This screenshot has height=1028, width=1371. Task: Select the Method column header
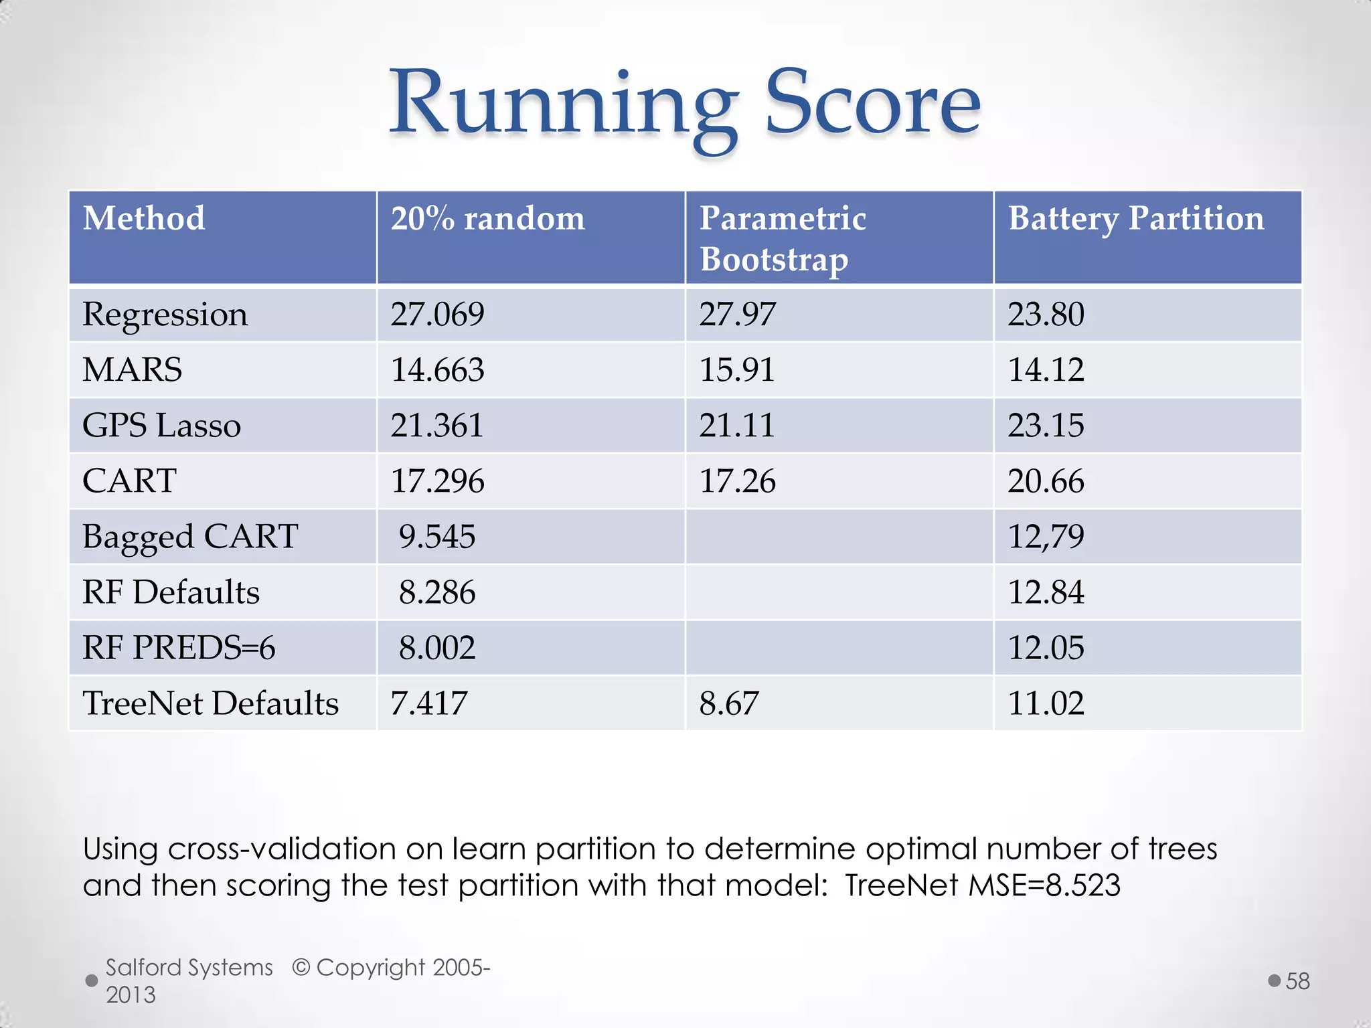(x=144, y=219)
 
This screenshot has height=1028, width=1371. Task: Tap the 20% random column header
(x=487, y=219)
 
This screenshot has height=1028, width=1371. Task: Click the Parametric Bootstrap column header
(x=783, y=238)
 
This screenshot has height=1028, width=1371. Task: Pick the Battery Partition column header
(x=1136, y=219)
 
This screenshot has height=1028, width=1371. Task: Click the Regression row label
(x=165, y=315)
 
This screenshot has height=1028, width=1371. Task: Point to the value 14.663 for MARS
(x=437, y=370)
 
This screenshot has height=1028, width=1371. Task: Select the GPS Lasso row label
(x=161, y=426)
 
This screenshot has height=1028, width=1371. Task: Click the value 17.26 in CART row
(x=737, y=481)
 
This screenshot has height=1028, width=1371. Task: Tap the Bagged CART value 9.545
(x=437, y=537)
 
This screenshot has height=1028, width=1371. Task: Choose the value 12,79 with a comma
(x=1046, y=537)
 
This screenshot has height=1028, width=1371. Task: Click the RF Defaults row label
(x=171, y=592)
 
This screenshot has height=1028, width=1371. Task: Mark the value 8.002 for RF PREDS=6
(x=437, y=648)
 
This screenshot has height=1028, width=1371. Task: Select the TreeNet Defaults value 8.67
(x=729, y=703)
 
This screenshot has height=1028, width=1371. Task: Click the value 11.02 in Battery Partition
(x=1046, y=703)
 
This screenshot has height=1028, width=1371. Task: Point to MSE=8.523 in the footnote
(x=1044, y=885)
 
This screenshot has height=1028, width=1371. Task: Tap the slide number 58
(x=1297, y=981)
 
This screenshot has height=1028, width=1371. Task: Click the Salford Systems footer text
(x=189, y=968)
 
